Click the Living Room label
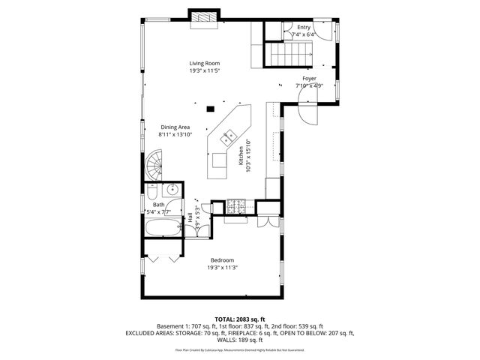(x=204, y=63)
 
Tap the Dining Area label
(x=175, y=127)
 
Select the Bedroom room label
(x=223, y=259)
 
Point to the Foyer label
(x=309, y=78)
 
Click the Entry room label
(x=303, y=27)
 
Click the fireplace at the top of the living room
(x=204, y=18)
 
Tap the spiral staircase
(x=155, y=164)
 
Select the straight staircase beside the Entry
(x=289, y=55)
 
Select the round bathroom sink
(x=172, y=188)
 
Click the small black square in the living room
(x=211, y=109)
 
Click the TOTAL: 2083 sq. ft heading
(x=240, y=319)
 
